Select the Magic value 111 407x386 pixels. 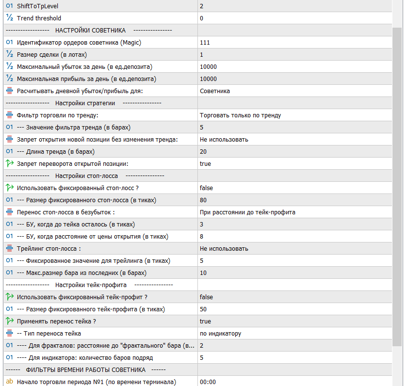205,43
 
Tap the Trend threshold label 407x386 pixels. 39,18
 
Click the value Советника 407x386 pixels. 214,91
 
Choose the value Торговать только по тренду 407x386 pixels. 240,115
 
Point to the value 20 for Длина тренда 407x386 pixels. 203,152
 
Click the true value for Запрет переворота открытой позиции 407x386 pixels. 205,164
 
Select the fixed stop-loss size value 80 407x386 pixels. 203,200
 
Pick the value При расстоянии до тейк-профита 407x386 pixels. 247,212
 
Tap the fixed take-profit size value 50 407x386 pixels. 203,309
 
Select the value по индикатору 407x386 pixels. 220,334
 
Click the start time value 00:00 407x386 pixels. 207,382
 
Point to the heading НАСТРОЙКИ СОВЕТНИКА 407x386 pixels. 90,31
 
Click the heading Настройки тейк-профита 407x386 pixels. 91,285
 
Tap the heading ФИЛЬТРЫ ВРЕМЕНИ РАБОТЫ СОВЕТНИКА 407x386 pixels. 86,370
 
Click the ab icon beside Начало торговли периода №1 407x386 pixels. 9,382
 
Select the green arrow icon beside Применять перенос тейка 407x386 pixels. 9,322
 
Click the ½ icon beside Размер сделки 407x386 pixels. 9,55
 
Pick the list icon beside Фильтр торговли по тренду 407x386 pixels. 9,115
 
